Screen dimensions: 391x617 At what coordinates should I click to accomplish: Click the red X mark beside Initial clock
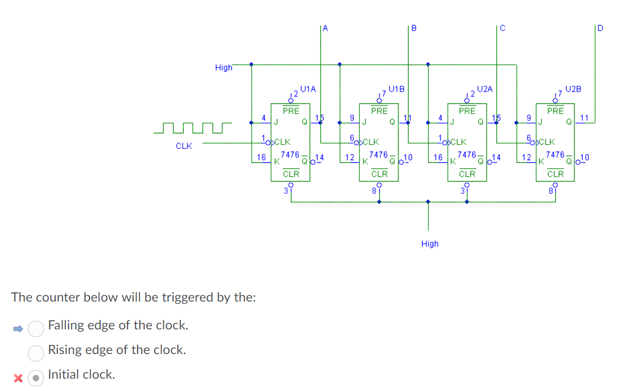click(18, 378)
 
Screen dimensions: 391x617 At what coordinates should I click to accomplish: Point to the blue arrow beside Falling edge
click(18, 328)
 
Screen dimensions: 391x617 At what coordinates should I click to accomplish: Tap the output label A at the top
click(326, 28)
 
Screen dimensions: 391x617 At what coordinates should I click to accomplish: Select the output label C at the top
click(502, 28)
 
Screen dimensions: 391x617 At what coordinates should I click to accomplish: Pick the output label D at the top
click(599, 28)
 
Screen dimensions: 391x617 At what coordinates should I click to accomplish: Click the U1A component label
click(308, 88)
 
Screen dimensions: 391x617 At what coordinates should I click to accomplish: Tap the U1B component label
click(396, 88)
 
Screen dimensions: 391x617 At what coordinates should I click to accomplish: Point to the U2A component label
click(485, 88)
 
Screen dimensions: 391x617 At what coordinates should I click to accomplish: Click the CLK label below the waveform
click(184, 146)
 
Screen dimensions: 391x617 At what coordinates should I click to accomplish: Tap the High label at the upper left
click(223, 67)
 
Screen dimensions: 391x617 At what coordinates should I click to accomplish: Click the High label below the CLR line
click(430, 244)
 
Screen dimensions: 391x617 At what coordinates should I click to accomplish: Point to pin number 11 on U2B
click(584, 117)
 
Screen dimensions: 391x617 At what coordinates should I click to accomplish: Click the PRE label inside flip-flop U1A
click(291, 111)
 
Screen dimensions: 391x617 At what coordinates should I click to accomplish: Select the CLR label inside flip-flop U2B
click(555, 174)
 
